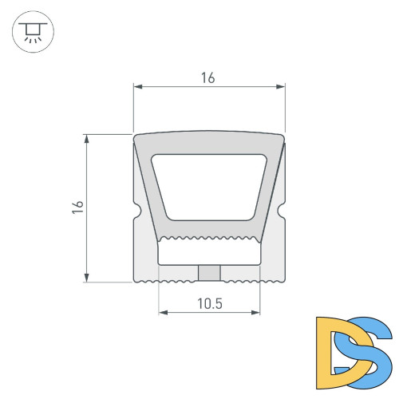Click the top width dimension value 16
coord(208,77)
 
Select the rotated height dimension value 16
coord(77,207)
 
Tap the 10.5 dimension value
coord(210,303)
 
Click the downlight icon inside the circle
coord(32,32)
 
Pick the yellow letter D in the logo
coord(334,347)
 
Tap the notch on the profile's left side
coord(136,212)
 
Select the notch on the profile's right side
coord(282,212)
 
